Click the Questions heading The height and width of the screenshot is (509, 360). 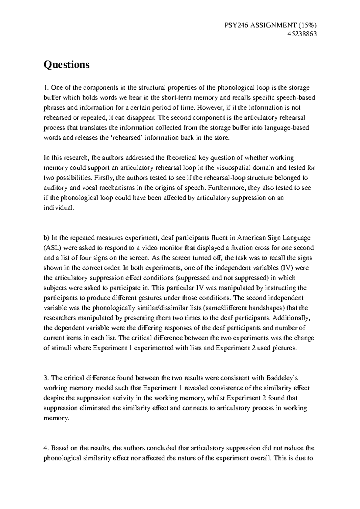point(67,64)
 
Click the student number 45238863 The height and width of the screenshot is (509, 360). point(302,34)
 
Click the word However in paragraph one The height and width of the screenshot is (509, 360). point(210,108)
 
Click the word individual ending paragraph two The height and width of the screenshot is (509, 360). point(58,208)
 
